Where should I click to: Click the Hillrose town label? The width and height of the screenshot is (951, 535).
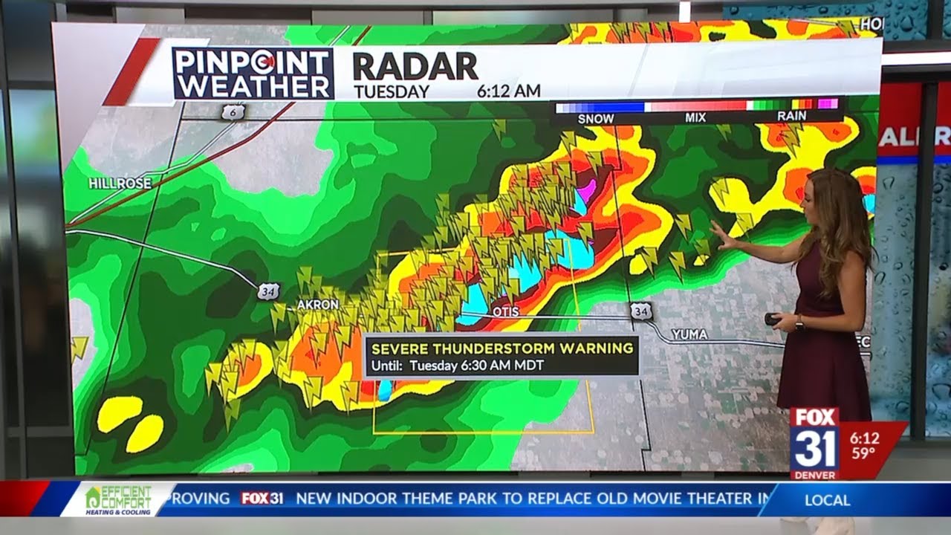pos(120,183)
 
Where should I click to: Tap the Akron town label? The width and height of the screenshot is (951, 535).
pos(317,305)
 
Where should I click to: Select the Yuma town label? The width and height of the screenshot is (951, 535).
pos(689,334)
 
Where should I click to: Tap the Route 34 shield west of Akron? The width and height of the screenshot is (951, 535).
pos(269,291)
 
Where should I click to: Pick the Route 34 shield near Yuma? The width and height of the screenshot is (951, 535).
pos(641,311)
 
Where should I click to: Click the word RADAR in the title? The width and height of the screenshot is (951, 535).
pos(415,67)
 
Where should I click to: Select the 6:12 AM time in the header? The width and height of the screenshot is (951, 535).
pos(508,91)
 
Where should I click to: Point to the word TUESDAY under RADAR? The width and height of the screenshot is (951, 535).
pos(391,91)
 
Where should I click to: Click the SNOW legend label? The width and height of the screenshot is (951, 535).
pos(596,118)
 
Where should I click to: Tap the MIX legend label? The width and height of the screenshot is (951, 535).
pos(695,118)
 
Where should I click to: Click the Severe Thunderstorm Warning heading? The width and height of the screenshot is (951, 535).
pos(502,348)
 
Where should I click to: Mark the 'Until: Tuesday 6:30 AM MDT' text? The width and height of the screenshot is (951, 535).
pos(458,366)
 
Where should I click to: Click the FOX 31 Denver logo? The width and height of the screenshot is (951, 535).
pos(814,442)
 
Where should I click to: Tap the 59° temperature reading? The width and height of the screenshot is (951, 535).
pos(863,453)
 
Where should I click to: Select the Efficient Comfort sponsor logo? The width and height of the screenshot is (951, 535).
pos(119,499)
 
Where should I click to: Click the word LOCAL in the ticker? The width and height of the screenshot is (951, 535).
pos(827,500)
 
